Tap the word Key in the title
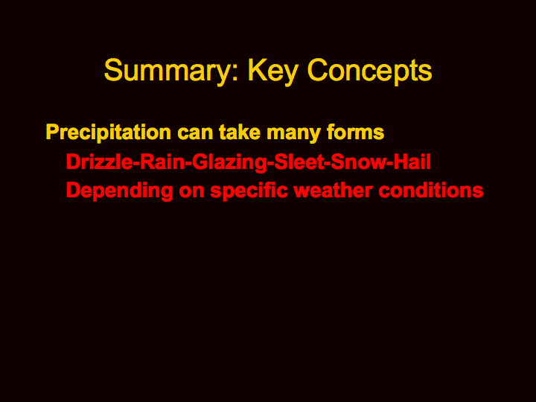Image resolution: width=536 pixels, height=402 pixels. click(272, 71)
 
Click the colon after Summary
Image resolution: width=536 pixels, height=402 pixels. click(234, 74)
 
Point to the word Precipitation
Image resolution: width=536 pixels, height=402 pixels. click(109, 133)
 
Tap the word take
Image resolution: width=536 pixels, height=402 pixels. click(240, 133)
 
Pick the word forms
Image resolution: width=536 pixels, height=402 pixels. click(355, 132)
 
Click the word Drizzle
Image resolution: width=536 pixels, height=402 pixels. click(99, 162)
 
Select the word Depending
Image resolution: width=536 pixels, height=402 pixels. click(119, 191)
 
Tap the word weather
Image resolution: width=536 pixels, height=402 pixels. click(333, 191)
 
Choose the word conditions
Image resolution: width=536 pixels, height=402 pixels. click(431, 191)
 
